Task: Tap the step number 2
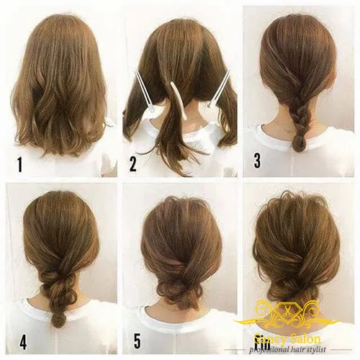point(132,164)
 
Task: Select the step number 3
point(257,161)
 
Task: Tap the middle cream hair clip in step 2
point(178,99)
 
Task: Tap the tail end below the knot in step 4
point(57,317)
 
